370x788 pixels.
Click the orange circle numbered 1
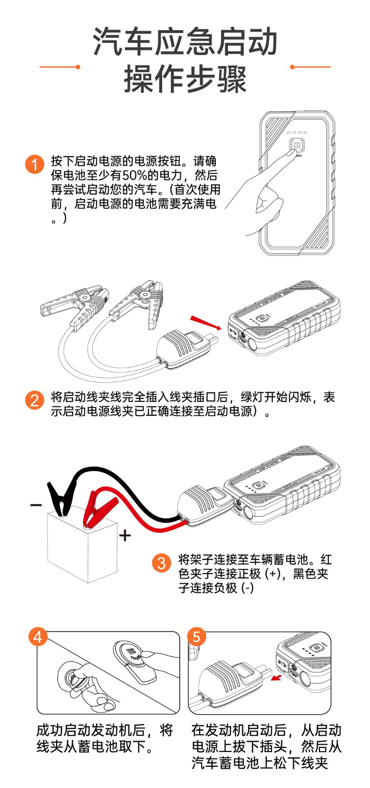[34, 164]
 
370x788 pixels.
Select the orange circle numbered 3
[161, 562]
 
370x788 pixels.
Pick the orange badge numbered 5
[196, 636]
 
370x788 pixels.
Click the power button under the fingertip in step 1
[297, 146]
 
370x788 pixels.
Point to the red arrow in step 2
[205, 322]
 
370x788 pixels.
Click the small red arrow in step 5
[277, 679]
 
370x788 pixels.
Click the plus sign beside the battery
[125, 535]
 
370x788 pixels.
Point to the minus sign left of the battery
[36, 504]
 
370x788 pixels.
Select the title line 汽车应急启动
[185, 42]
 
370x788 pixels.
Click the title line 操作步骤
[185, 79]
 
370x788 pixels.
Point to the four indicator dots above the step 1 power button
[297, 132]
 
